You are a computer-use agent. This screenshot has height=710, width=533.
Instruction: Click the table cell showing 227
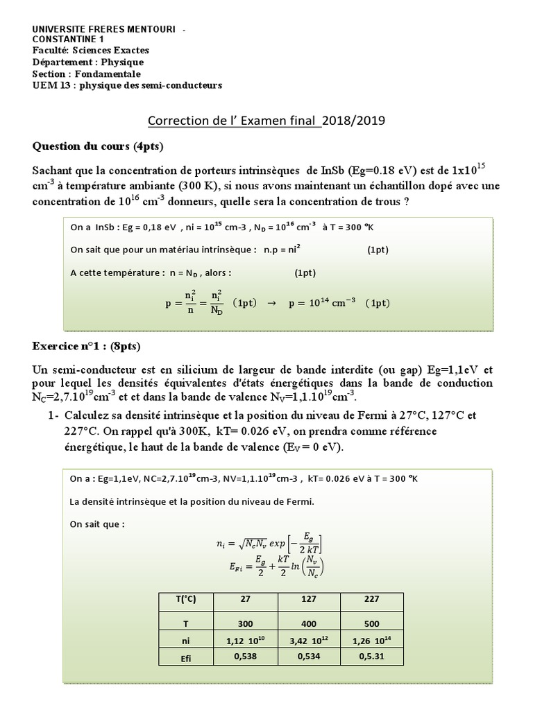coord(370,599)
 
